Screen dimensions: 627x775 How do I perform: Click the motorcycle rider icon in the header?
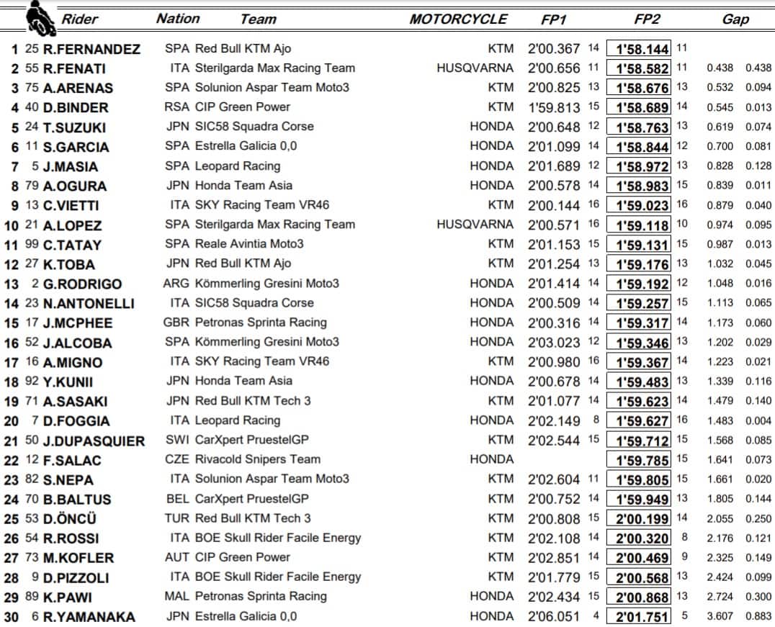tap(40, 19)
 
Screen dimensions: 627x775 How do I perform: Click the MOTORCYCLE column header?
tap(458, 19)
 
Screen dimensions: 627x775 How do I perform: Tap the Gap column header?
tap(735, 19)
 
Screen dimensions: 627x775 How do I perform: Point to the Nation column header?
tap(178, 19)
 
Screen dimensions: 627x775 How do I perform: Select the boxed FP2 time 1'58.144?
tap(638, 49)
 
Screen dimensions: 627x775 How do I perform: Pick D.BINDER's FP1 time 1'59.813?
tap(553, 107)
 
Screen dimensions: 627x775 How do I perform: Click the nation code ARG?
tap(176, 283)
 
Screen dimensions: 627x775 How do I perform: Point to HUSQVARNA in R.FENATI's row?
tap(475, 68)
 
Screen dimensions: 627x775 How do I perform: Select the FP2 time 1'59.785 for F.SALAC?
tap(638, 460)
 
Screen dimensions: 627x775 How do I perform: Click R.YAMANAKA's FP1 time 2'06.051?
tap(553, 616)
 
